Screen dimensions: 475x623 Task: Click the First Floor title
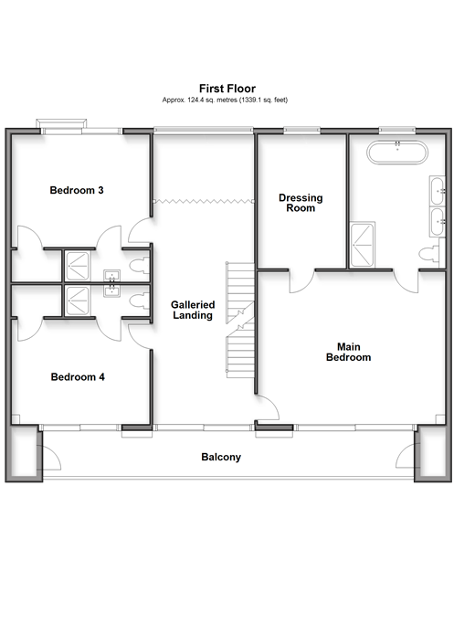tap(227, 89)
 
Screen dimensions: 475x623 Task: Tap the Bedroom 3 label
tap(77, 190)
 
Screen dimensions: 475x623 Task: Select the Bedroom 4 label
tap(78, 376)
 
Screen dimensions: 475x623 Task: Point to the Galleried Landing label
tap(193, 310)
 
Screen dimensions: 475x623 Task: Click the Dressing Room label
tap(301, 203)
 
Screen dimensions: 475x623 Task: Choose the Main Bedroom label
tap(348, 352)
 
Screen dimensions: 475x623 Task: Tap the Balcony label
tap(221, 457)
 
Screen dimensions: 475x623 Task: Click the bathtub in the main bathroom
tap(397, 152)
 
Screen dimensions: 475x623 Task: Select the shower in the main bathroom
tap(363, 245)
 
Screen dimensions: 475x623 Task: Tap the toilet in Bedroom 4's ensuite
tap(140, 301)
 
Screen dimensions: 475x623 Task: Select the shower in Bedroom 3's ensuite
tap(77, 266)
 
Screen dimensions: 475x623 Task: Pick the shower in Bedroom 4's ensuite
tap(77, 301)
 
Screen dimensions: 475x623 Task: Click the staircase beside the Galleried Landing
tap(240, 320)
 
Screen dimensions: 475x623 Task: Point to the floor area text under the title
tap(225, 100)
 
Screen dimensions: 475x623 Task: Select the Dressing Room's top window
tap(301, 129)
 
